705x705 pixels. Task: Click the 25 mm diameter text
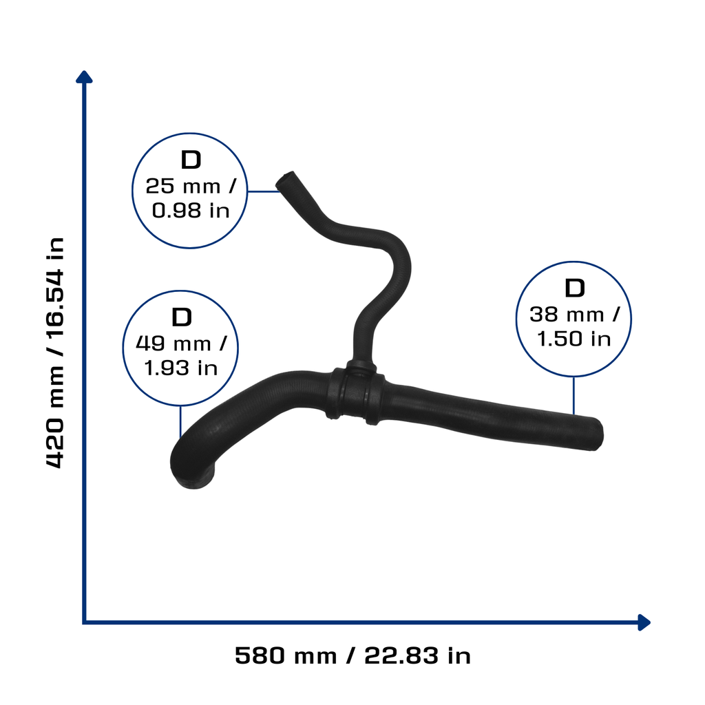pyautogui.click(x=190, y=186)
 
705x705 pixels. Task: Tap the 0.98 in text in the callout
pyautogui.click(x=191, y=211)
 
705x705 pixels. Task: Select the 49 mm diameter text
pyautogui.click(x=181, y=344)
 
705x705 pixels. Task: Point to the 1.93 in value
pyautogui.click(x=181, y=368)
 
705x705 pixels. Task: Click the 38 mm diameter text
pyautogui.click(x=574, y=314)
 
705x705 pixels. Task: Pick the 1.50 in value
pyautogui.click(x=574, y=339)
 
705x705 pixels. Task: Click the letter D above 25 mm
pyautogui.click(x=191, y=160)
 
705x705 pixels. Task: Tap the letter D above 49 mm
pyautogui.click(x=182, y=317)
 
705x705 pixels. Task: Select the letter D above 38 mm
pyautogui.click(x=575, y=288)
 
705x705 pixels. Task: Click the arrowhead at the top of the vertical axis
pyautogui.click(x=84, y=77)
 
